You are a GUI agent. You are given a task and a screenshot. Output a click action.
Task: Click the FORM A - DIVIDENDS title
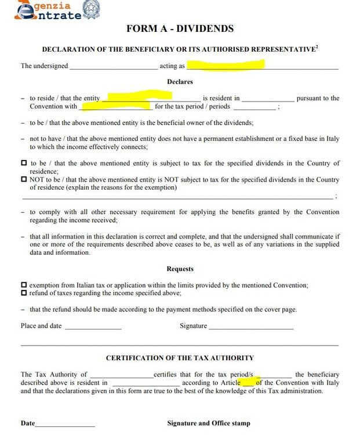(x=180, y=28)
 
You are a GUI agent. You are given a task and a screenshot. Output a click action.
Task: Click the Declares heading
(x=180, y=82)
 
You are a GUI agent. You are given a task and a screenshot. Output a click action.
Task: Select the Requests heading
(x=180, y=269)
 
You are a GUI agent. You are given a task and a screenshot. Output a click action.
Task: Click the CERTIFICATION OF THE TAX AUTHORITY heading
(x=180, y=358)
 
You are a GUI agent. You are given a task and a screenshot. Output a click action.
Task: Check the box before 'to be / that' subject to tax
(x=24, y=164)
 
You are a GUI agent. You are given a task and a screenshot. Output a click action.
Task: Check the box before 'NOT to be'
(x=24, y=180)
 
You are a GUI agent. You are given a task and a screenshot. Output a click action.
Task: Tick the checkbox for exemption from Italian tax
(x=24, y=285)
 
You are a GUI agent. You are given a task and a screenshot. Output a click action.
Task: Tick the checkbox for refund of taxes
(x=24, y=293)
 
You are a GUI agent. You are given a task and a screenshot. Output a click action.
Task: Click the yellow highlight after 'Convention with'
(x=116, y=106)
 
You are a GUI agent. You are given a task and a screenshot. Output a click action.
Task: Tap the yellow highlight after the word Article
(x=248, y=382)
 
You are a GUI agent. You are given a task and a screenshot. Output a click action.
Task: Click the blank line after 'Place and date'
(x=93, y=327)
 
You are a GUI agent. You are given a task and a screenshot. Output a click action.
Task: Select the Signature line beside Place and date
(x=250, y=327)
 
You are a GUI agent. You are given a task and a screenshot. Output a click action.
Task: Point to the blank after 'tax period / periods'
(x=254, y=108)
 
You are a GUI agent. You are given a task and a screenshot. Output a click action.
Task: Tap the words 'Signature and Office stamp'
(x=209, y=423)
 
